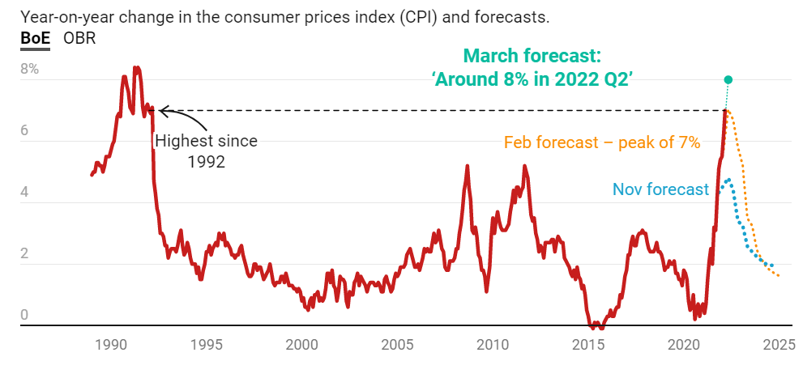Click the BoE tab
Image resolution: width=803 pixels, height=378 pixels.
click(35, 38)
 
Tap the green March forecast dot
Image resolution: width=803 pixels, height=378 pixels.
click(728, 79)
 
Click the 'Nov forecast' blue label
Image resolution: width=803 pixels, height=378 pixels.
click(660, 189)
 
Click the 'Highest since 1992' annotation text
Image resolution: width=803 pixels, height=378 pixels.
click(206, 151)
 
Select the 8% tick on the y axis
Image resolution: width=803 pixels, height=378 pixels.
click(30, 69)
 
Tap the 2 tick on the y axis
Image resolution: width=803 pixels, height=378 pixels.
click(25, 253)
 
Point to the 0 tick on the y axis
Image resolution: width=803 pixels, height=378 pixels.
click(25, 315)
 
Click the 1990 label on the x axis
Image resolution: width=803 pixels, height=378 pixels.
click(111, 344)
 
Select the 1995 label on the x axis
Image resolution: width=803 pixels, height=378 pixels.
click(207, 344)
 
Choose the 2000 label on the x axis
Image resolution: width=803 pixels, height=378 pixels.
click(302, 344)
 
